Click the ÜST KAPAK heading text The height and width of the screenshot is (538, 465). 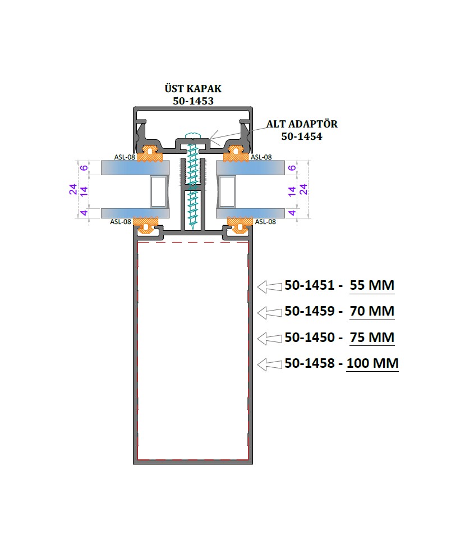tap(193, 88)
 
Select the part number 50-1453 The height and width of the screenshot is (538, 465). tap(194, 101)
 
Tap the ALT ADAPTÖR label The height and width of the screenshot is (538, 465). tap(302, 124)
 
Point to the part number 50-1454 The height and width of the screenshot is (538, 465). tap(302, 136)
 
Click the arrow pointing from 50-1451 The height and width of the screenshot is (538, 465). tap(270, 287)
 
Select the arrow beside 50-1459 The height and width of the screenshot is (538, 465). tap(270, 313)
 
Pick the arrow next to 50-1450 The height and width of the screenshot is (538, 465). tap(270, 339)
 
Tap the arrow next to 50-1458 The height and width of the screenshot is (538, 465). tap(270, 364)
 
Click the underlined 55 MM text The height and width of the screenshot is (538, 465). tap(372, 285)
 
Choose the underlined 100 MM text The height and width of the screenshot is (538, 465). tap(372, 363)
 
